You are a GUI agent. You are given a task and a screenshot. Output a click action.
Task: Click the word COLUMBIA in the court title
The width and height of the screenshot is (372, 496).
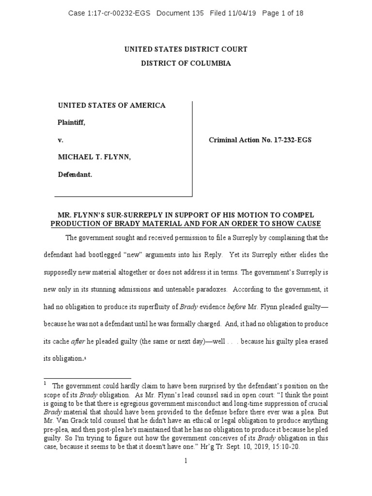208,63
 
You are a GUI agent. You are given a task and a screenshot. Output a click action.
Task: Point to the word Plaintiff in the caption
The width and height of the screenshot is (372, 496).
71,123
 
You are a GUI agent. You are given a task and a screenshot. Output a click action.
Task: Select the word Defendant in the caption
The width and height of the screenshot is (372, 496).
75,174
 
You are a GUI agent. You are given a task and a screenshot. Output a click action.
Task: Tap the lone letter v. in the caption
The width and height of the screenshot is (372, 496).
61,140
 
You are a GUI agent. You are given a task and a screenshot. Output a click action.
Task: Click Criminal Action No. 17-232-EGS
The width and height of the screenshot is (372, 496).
260,140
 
